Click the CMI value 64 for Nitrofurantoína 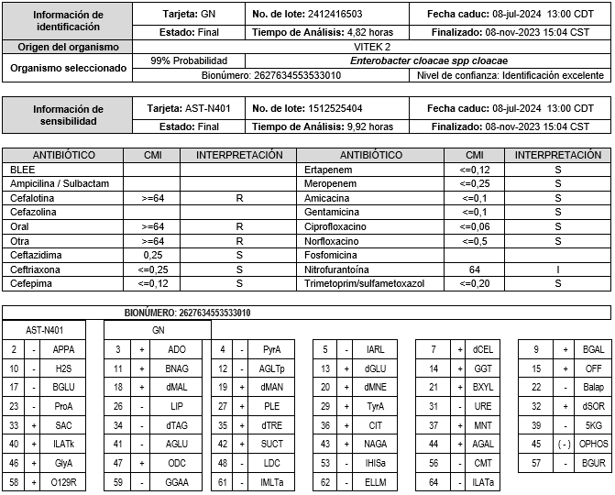(x=475, y=270)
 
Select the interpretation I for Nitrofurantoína (x=558, y=270)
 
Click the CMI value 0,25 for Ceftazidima (x=153, y=254)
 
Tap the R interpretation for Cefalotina (x=238, y=197)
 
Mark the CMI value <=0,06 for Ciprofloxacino (x=475, y=226)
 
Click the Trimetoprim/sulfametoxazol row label (x=365, y=284)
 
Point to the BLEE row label (x=22, y=170)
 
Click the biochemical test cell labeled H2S (x=63, y=368)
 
